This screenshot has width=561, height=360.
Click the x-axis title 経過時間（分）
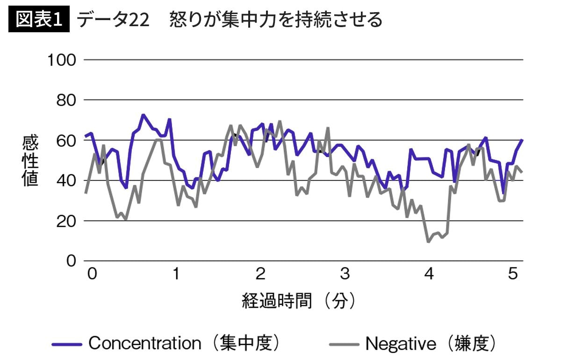[x=299, y=301]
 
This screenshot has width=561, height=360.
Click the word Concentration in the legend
[x=144, y=344]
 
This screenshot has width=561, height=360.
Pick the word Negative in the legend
[x=401, y=344]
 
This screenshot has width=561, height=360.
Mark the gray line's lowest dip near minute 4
[x=428, y=241]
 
